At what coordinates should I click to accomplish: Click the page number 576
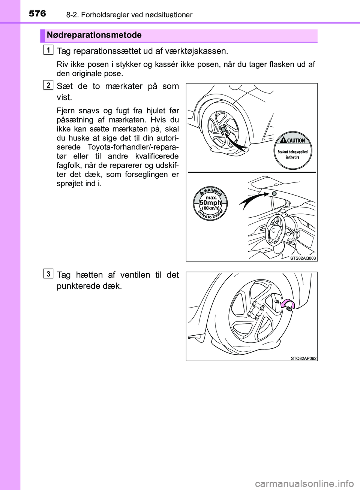click(37, 13)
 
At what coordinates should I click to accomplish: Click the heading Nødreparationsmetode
click(94, 35)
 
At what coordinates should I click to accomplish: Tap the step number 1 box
click(48, 49)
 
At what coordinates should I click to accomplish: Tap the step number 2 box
click(48, 85)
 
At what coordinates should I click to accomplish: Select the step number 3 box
click(48, 274)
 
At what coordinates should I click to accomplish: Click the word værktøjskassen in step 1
click(198, 51)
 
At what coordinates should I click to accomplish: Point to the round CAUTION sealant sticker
click(292, 151)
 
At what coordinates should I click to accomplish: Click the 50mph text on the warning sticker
click(210, 203)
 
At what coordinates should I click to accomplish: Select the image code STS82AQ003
click(303, 258)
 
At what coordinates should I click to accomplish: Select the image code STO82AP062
click(303, 358)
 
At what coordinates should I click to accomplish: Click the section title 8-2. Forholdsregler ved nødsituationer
click(129, 15)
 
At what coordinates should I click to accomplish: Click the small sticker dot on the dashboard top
click(274, 193)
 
